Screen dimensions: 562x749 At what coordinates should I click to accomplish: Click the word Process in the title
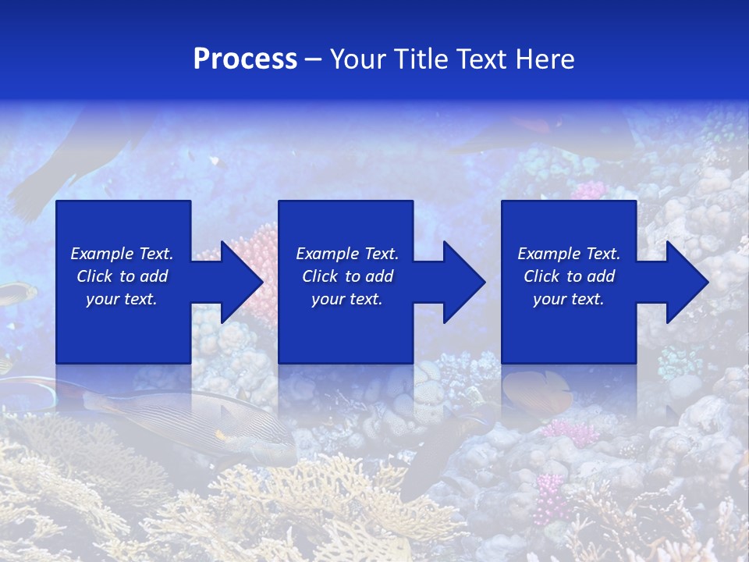(x=245, y=59)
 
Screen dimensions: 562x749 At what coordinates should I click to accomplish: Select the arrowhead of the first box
(x=235, y=282)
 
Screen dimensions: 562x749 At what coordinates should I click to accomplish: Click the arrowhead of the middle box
(x=458, y=282)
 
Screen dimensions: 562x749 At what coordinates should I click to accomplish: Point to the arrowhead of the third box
(x=681, y=282)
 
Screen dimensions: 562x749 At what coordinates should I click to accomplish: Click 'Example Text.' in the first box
(x=122, y=254)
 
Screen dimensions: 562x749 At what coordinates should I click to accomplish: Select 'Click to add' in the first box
(x=122, y=276)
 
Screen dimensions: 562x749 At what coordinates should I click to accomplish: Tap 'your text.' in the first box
(x=122, y=299)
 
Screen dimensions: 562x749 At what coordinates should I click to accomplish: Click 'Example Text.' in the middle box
(x=347, y=254)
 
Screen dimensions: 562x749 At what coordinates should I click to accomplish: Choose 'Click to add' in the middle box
(x=347, y=276)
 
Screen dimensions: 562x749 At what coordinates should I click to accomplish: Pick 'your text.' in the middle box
(x=347, y=299)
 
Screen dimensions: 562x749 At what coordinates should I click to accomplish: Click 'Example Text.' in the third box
(x=569, y=254)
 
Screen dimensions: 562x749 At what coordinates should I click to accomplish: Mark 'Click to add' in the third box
(x=569, y=276)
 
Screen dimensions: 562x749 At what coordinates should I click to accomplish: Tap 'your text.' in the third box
(x=569, y=299)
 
